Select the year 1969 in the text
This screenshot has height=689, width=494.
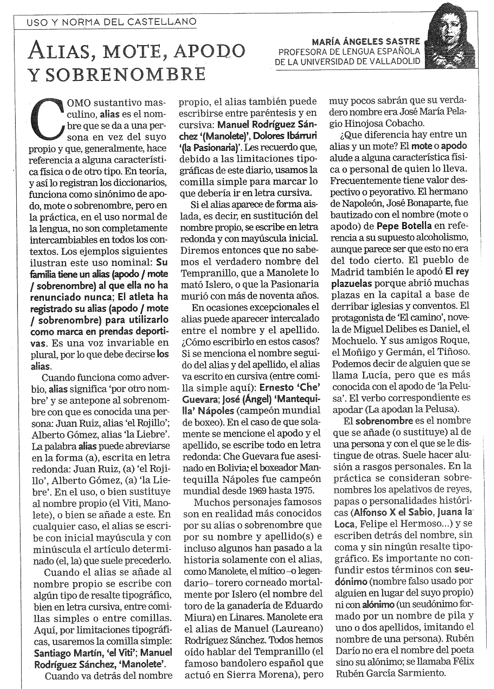(248, 490)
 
